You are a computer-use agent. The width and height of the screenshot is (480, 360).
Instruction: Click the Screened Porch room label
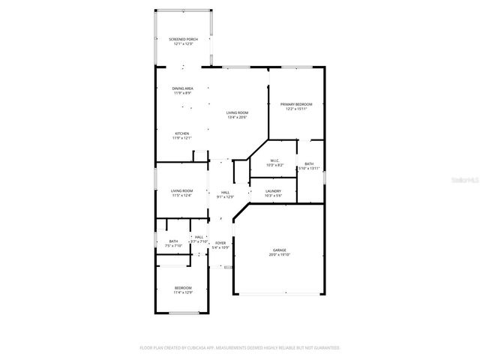(182, 39)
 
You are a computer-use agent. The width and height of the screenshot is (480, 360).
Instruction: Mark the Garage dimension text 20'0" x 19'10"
(279, 254)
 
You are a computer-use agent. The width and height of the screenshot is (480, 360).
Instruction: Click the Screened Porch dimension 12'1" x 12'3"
(182, 44)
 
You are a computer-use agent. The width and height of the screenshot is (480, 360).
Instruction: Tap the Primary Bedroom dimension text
(296, 109)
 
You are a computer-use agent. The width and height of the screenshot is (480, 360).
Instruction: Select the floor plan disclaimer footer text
(240, 348)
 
